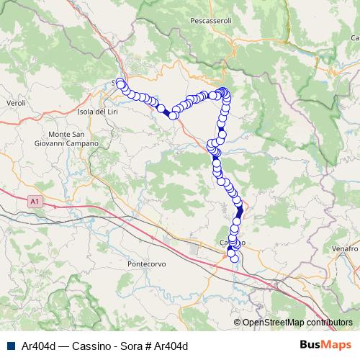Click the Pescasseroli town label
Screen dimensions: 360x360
click(x=211, y=22)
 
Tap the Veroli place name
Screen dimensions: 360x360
click(x=16, y=104)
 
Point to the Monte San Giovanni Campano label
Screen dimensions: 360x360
click(x=73, y=139)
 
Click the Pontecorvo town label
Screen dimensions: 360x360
click(x=146, y=264)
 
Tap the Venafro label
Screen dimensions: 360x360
click(x=345, y=248)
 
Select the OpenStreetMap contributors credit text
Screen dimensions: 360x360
click(x=297, y=323)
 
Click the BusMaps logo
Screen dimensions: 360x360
click(x=326, y=345)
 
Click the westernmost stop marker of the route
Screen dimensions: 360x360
click(x=120, y=84)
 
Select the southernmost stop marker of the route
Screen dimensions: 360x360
click(x=234, y=258)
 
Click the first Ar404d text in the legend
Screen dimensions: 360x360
click(x=38, y=346)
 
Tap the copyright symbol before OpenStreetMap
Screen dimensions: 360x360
click(x=237, y=323)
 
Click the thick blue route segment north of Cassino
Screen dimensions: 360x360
click(x=240, y=209)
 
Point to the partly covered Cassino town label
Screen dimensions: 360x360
click(x=232, y=243)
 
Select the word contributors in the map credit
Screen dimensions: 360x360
click(x=329, y=323)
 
